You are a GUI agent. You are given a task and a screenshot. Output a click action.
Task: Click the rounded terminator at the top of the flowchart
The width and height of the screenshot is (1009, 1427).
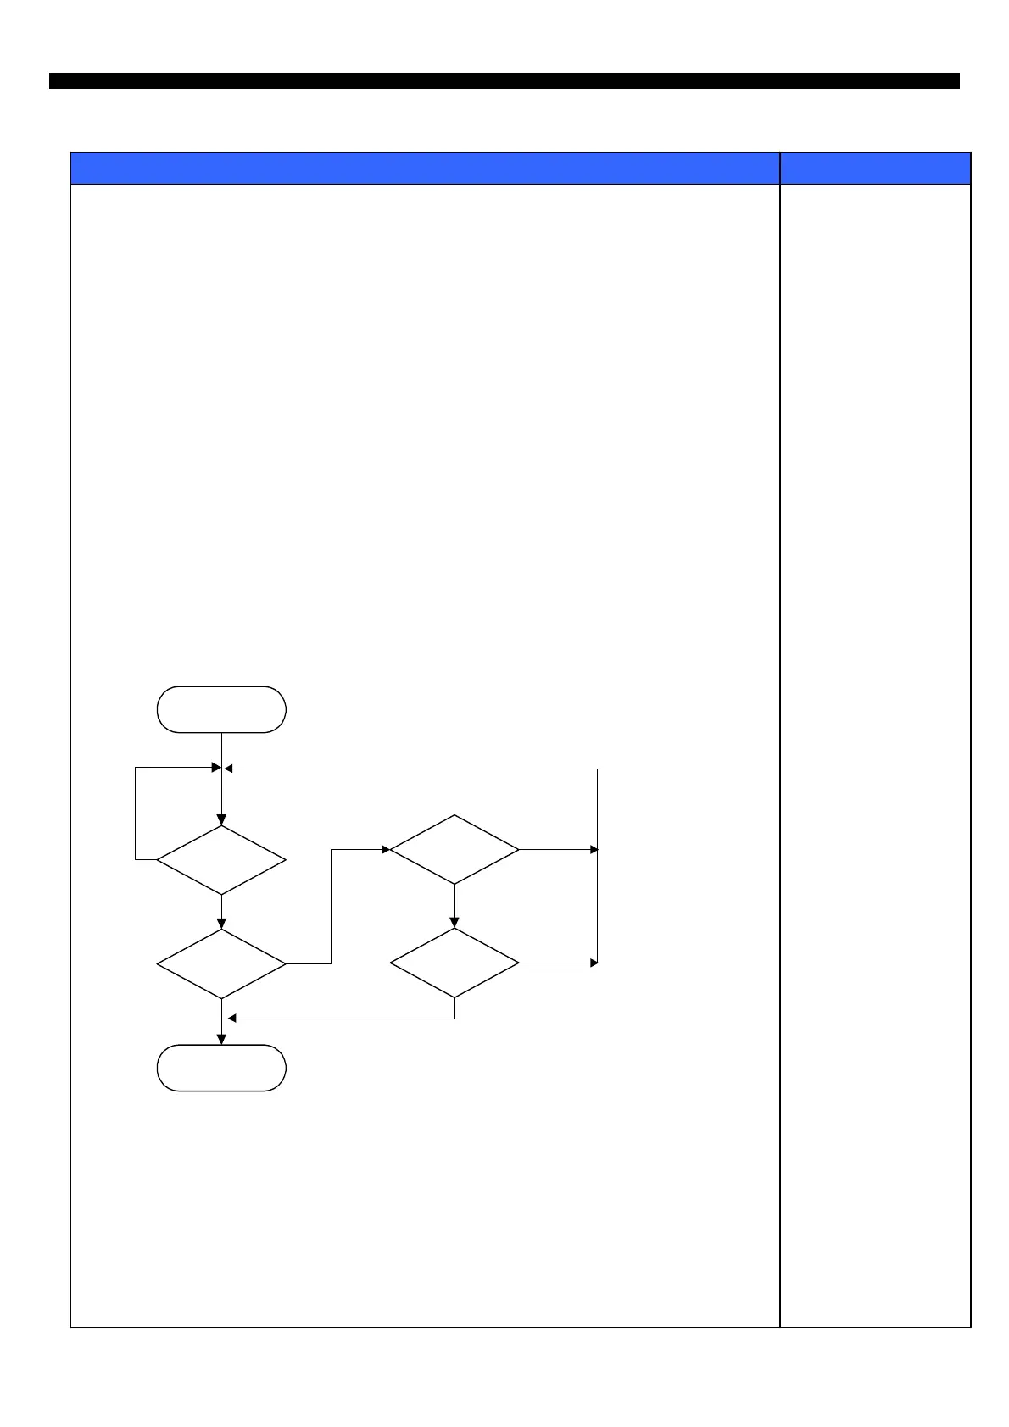[221, 709]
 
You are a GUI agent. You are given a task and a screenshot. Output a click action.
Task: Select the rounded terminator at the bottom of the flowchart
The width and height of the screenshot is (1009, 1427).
[221, 1068]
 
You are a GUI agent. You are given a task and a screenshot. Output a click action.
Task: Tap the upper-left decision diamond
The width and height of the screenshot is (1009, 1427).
[221, 859]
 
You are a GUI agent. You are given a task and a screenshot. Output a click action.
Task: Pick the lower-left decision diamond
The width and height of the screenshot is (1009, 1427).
[221, 963]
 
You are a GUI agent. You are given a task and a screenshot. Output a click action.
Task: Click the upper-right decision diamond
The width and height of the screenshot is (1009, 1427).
[454, 849]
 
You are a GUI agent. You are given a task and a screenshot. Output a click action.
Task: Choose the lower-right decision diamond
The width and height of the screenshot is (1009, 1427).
[454, 963]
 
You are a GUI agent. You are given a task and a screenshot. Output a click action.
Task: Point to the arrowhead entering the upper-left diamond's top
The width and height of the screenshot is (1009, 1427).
[221, 820]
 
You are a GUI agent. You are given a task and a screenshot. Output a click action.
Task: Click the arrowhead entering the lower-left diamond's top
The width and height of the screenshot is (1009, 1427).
[221, 924]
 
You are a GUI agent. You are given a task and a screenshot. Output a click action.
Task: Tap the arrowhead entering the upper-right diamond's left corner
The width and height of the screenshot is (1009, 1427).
[385, 849]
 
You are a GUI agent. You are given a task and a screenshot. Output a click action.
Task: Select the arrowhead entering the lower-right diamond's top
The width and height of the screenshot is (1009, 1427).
[454, 923]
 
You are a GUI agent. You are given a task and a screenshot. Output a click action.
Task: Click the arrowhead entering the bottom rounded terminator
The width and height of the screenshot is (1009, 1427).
[221, 1040]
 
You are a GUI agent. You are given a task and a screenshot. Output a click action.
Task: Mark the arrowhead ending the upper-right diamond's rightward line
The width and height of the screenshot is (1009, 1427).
[594, 849]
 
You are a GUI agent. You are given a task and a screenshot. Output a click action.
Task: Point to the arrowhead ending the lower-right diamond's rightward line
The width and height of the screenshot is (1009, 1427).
[594, 963]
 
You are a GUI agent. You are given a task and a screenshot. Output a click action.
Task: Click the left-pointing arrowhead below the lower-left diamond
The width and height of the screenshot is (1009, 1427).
[232, 1019]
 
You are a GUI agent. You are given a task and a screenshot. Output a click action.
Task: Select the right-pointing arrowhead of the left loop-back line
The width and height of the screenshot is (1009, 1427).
[215, 768]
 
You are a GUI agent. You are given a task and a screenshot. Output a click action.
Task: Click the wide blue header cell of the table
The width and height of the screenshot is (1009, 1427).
[424, 168]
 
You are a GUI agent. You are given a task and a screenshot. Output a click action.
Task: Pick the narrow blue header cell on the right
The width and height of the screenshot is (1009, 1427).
[875, 168]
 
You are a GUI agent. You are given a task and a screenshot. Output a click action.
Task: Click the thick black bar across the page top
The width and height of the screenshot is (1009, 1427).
[504, 81]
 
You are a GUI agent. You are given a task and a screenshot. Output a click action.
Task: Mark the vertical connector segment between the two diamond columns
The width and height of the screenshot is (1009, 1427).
[331, 907]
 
